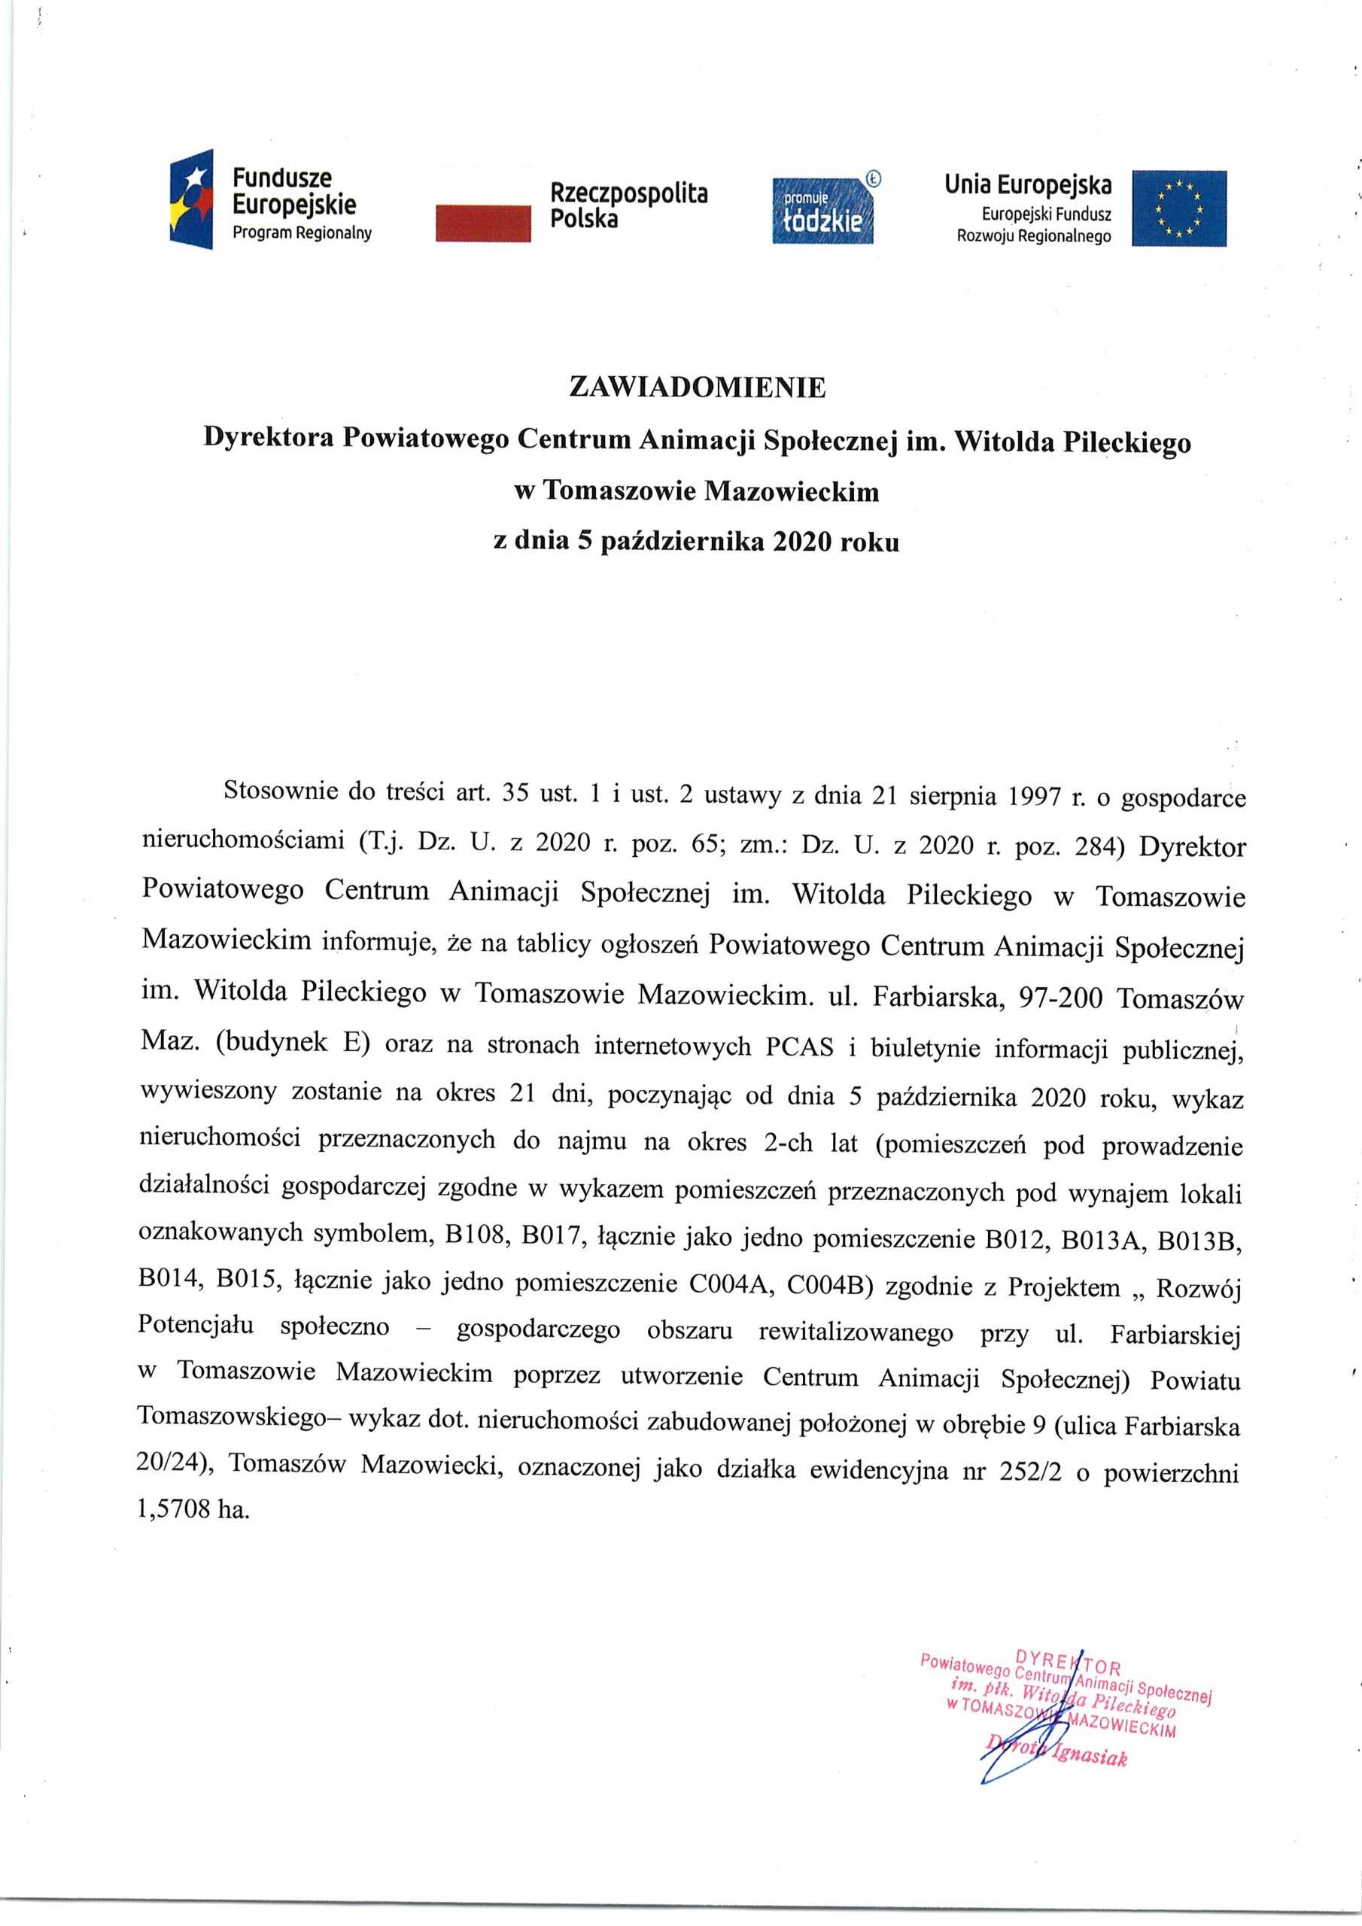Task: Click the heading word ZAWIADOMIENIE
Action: tap(698, 387)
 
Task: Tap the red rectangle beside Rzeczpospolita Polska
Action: tap(483, 224)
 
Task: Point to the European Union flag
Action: tap(1178, 208)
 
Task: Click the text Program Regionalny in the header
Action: tap(301, 233)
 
